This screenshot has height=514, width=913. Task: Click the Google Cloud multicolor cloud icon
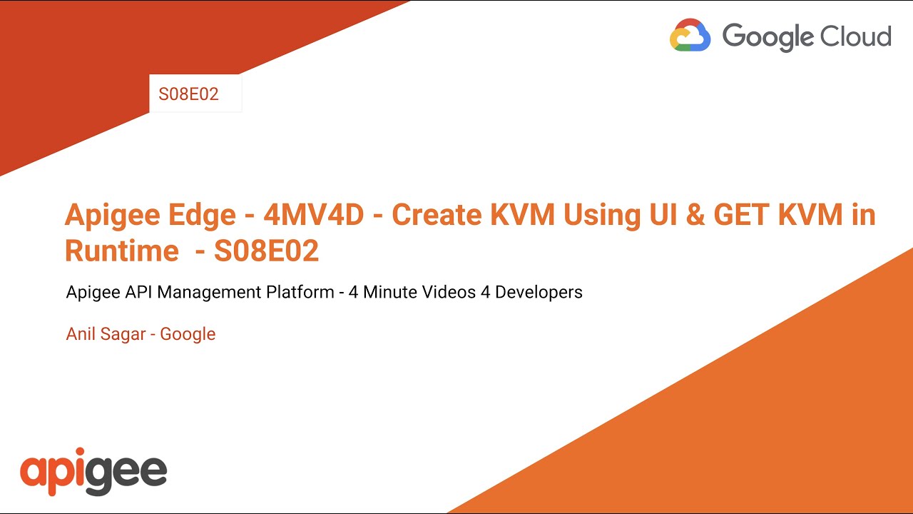coord(690,36)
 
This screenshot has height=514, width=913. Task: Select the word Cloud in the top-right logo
coord(858,36)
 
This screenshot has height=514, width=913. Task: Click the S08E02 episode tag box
coord(189,94)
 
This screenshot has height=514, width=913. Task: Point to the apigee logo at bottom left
coord(93,471)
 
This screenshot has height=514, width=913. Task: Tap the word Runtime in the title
coord(121,251)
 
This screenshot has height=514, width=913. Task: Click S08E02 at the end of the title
coord(266,251)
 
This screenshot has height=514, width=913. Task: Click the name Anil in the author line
coord(80,333)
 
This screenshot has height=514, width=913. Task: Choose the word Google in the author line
coord(188,333)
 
